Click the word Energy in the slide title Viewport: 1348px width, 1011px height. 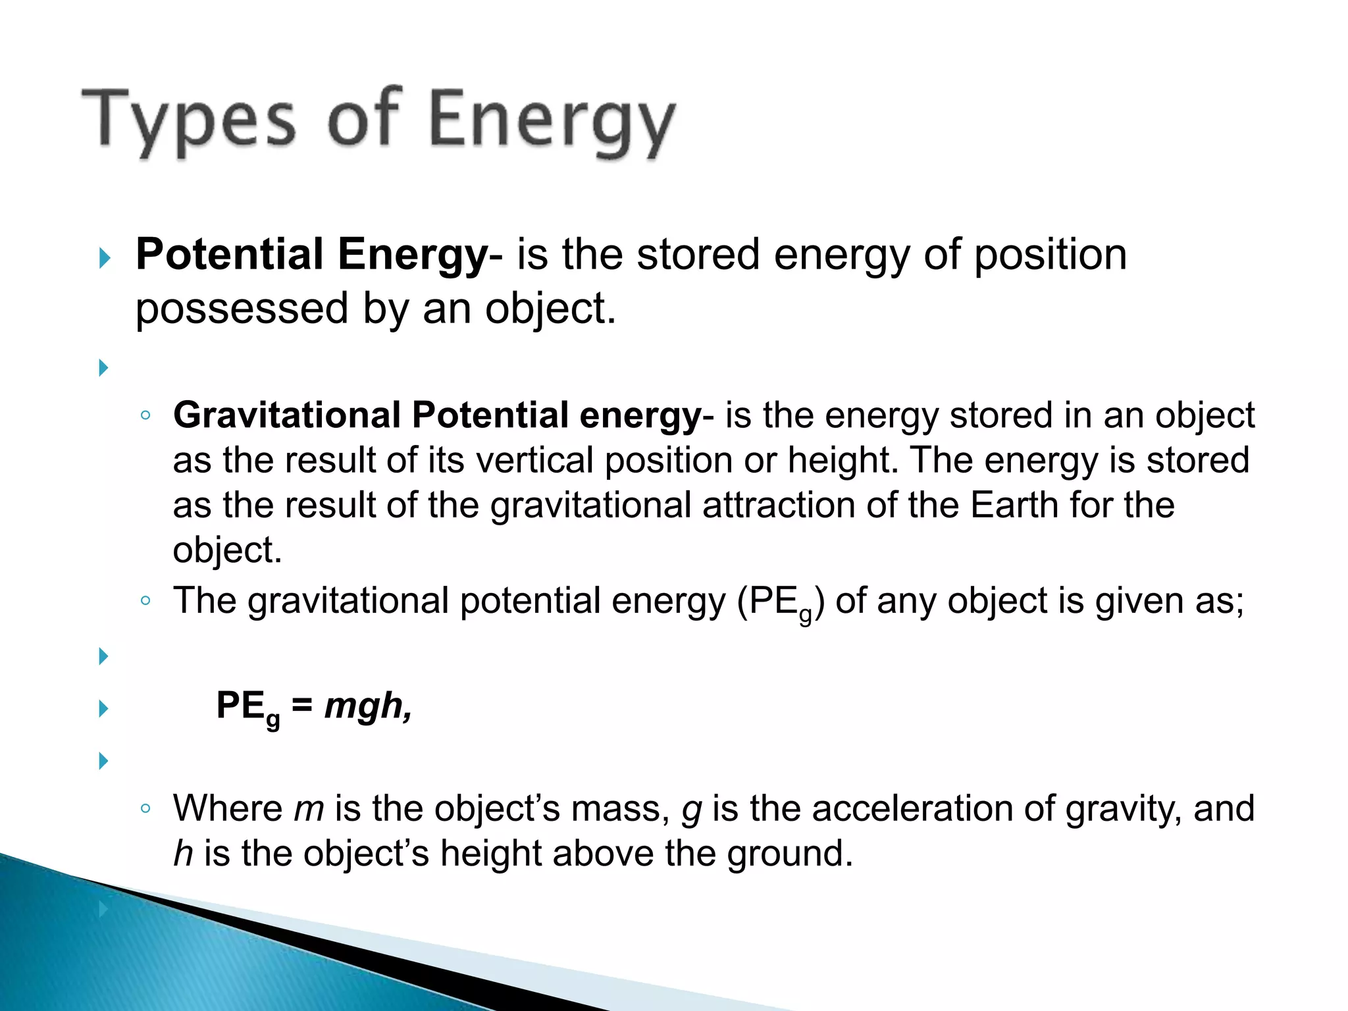(x=552, y=120)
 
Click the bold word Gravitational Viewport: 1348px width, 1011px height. (x=287, y=415)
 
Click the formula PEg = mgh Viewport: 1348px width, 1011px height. (x=313, y=706)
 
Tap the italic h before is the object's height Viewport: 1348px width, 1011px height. (x=183, y=853)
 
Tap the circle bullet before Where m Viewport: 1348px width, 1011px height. (x=146, y=809)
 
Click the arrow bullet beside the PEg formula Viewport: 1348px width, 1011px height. (x=103, y=709)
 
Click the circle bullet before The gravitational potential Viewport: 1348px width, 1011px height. (x=146, y=601)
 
